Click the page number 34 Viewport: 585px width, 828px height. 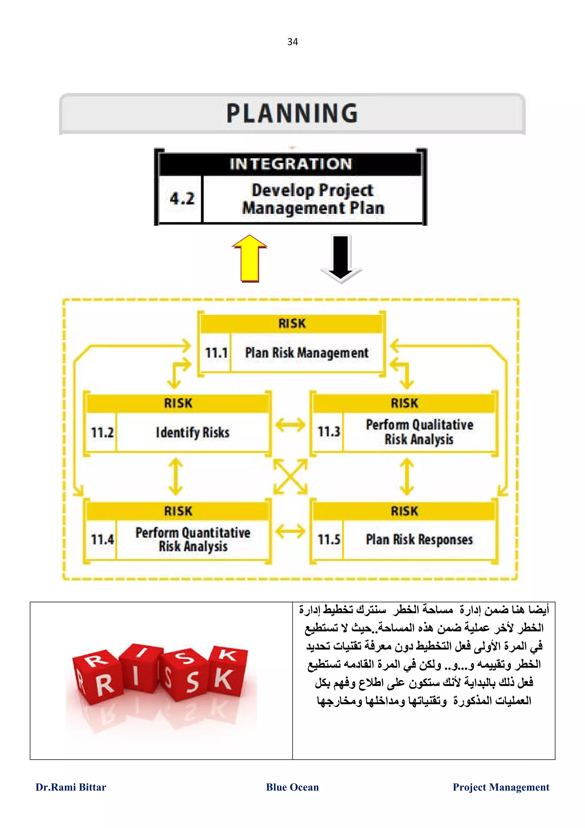tap(292, 42)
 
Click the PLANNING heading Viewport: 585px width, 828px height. tap(292, 113)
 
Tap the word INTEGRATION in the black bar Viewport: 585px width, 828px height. tap(291, 164)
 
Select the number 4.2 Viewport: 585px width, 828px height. tap(182, 198)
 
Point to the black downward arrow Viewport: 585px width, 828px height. tap(340, 258)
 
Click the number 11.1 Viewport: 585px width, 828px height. tap(216, 353)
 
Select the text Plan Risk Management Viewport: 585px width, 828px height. tap(307, 353)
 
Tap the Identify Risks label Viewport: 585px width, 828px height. tap(193, 432)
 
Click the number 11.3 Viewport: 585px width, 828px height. tap(329, 432)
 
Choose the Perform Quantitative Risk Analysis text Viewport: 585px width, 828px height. tap(193, 539)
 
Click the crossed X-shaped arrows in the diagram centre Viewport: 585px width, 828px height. tap(290, 476)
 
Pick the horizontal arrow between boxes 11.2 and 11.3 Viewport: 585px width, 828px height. tap(290, 425)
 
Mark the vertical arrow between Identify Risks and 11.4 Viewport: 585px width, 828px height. tap(176, 476)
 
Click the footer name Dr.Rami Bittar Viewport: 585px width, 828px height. tap(71, 787)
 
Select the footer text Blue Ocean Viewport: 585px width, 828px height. tap(292, 787)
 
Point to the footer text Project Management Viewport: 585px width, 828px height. tap(501, 787)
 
